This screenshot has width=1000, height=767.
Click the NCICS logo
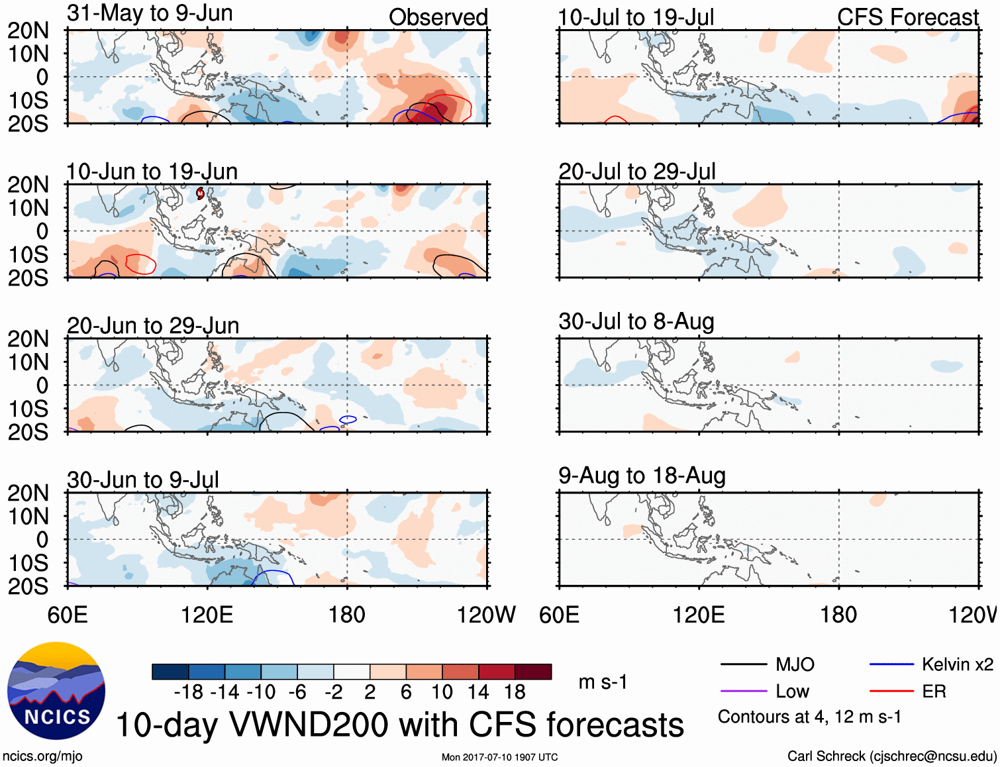[x=56, y=690]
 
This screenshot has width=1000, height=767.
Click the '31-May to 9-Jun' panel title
[x=150, y=13]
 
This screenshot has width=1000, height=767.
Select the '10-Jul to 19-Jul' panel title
[x=636, y=18]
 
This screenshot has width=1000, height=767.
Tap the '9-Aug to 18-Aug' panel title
[x=642, y=476]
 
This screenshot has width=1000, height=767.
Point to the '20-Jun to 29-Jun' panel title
[x=153, y=326]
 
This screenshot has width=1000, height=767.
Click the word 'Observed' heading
[x=438, y=17]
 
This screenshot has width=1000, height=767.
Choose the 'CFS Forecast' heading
[x=907, y=17]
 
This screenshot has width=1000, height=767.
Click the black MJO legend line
[x=742, y=664]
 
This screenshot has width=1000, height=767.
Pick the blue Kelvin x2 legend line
[x=891, y=664]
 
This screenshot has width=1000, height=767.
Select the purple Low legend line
[x=742, y=691]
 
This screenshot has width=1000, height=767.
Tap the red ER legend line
[x=891, y=691]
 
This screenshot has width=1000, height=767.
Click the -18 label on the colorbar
[x=189, y=692]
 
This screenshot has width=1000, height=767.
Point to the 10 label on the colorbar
[x=442, y=692]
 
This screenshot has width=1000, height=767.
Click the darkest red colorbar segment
[x=533, y=672]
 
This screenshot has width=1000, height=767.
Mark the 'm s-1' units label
[x=603, y=682]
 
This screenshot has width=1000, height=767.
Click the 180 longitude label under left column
[x=347, y=615]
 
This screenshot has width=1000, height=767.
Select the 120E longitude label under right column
[x=699, y=615]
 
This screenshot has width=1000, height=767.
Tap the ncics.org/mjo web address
[x=42, y=756]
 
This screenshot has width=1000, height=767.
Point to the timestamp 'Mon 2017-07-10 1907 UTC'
[x=499, y=757]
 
